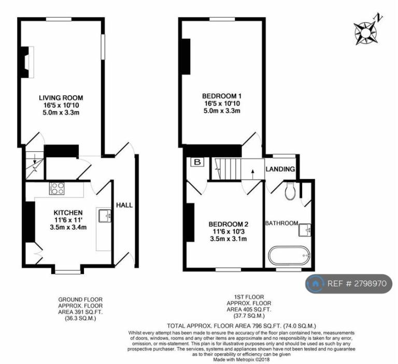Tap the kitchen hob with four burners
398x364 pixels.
[57, 188]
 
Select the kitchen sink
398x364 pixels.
[105, 215]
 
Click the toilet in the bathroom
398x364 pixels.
[290, 191]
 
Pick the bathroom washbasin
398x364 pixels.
[305, 230]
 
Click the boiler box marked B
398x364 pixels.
[197, 162]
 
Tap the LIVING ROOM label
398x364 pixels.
[61, 98]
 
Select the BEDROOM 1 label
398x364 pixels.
[222, 96]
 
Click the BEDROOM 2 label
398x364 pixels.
[229, 224]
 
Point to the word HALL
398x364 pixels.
[124, 205]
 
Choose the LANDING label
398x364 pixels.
[280, 169]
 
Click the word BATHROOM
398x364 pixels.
[282, 223]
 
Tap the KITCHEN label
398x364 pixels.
[68, 213]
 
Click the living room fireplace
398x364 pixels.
[27, 62]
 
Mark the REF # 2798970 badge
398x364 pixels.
[349, 284]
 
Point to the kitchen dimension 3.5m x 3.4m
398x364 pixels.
[68, 227]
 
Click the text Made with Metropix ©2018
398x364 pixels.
[241, 359]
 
